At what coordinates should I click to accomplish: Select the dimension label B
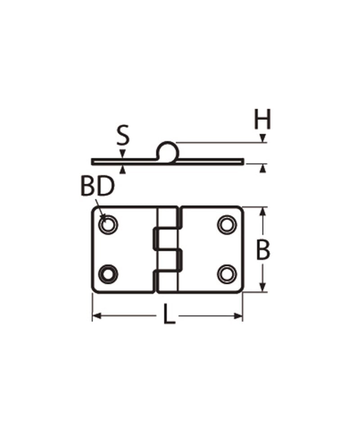(263, 250)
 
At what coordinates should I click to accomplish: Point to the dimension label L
(168, 315)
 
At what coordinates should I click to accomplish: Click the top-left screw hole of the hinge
(108, 224)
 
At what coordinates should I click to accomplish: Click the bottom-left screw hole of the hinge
(108, 274)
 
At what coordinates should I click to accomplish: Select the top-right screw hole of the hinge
(227, 224)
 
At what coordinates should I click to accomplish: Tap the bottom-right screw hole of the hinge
(227, 274)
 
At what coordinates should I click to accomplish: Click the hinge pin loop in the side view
(167, 151)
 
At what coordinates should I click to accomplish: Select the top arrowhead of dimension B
(263, 211)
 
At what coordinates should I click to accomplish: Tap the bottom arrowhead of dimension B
(263, 288)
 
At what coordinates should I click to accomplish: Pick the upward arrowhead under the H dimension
(262, 168)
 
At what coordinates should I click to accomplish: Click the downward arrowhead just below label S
(122, 154)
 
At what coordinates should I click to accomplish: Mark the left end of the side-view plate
(93, 161)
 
